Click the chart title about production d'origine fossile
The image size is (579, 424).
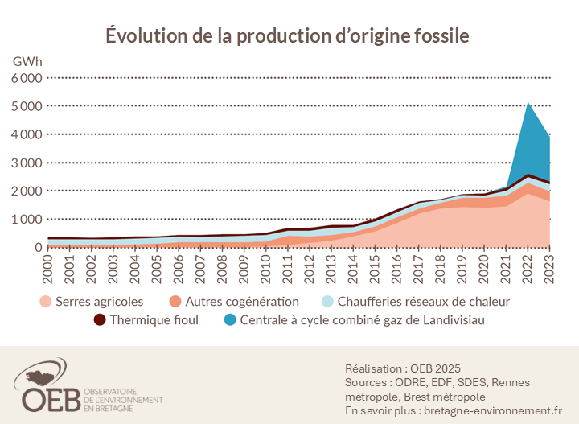click(x=288, y=36)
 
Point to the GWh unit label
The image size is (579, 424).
click(x=28, y=61)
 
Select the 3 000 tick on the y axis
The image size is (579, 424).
click(x=27, y=163)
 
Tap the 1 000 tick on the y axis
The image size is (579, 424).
click(x=27, y=219)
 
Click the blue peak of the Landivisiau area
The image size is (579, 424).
click(x=527, y=105)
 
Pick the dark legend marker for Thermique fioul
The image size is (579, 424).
click(x=101, y=320)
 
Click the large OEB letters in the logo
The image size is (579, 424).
click(x=47, y=397)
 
